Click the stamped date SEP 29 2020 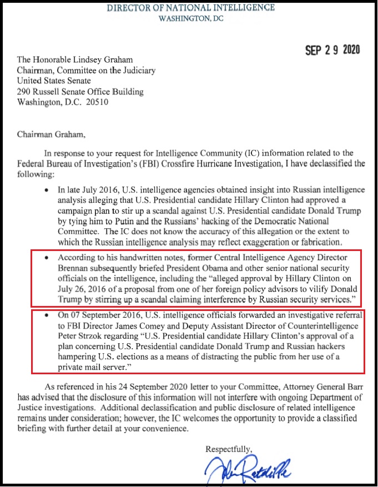click(332, 50)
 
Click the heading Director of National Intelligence click(190, 7)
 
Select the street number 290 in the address click(25, 92)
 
